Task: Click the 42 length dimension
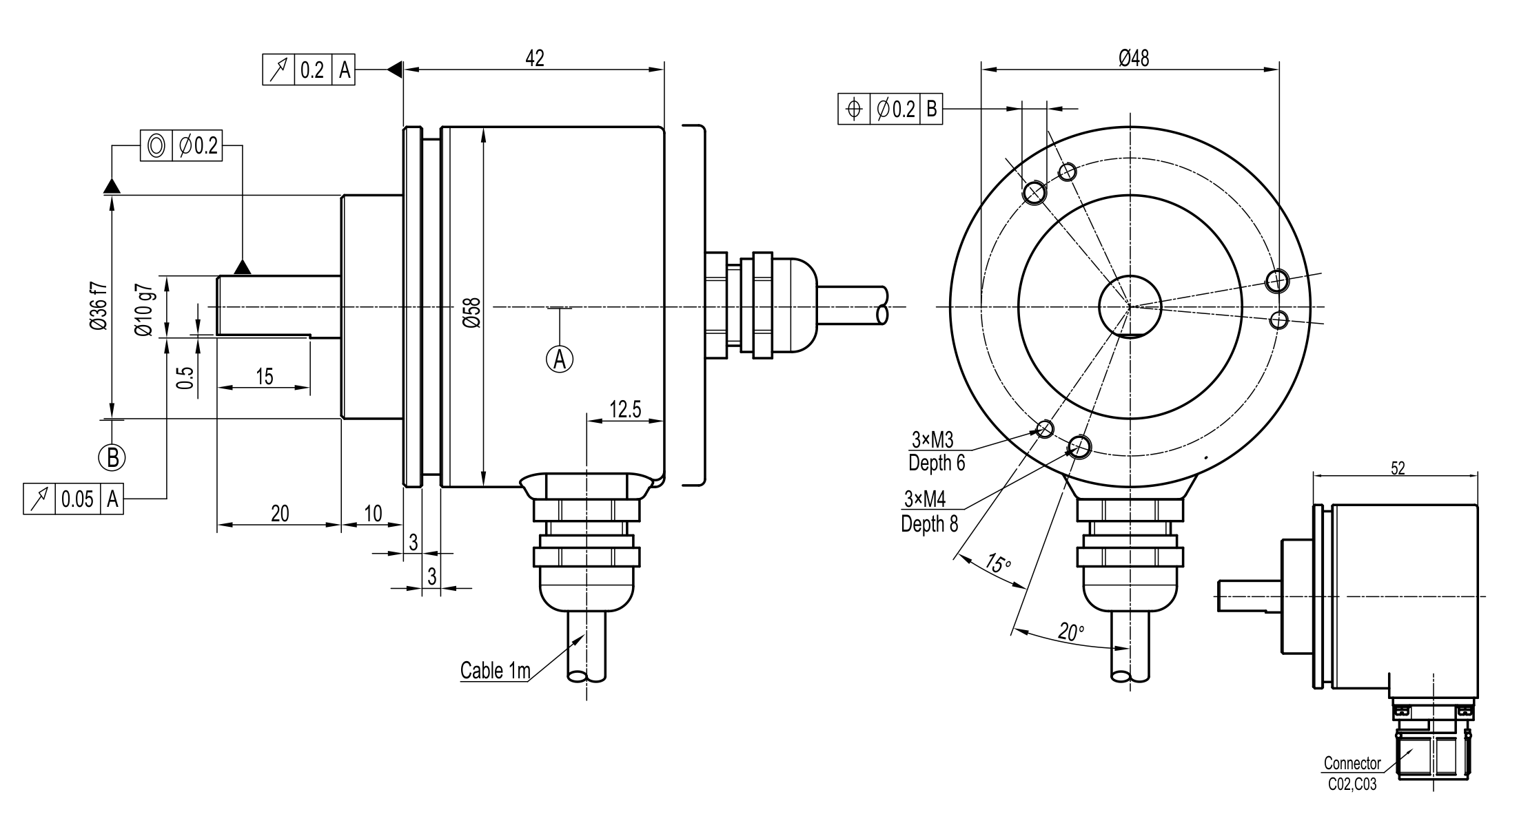coord(535,59)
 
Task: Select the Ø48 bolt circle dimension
coord(1134,58)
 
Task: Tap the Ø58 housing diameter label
coord(472,311)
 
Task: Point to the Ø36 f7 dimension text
coord(99,306)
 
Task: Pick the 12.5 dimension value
coord(625,410)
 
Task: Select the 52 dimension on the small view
coord(1398,468)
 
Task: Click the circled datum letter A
coord(560,359)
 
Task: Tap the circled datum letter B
coord(112,457)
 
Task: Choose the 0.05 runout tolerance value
coord(77,499)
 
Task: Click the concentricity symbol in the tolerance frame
coord(156,146)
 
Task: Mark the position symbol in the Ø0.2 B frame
coord(854,109)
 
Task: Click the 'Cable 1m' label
coord(495,670)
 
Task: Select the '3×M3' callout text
coord(932,439)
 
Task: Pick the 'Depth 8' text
coord(929,524)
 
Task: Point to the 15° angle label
coord(997,563)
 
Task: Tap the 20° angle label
coord(1071,632)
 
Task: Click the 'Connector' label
coord(1352,763)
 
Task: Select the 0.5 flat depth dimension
coord(185,377)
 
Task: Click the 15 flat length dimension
coord(265,377)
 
